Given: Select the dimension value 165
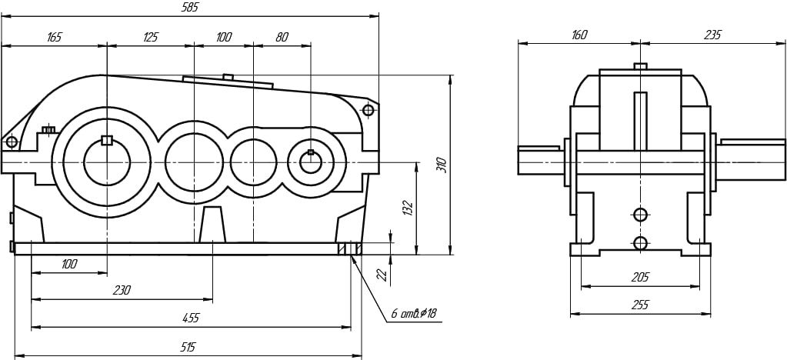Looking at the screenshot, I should tap(54, 36).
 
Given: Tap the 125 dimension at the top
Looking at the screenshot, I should tap(151, 36).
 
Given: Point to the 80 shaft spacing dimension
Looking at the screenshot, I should tap(282, 36).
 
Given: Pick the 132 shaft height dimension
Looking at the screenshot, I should tap(408, 208).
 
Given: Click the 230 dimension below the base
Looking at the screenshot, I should tap(122, 291).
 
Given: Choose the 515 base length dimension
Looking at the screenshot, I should tap(187, 348).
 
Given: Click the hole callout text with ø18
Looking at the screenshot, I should tap(413, 314).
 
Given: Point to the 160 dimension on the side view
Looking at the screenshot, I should tap(579, 35).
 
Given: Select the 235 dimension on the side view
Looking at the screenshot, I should tap(712, 35).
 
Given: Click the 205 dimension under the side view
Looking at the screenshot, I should tap(640, 277).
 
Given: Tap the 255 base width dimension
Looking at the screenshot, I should tap(639, 305).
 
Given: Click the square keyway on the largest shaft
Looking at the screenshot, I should tap(107, 140).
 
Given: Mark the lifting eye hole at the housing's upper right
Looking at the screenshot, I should tap(368, 110).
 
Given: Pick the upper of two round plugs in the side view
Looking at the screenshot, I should tap(640, 214).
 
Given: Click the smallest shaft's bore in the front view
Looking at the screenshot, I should tap(310, 163).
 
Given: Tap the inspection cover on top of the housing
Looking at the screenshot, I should tap(228, 80).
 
